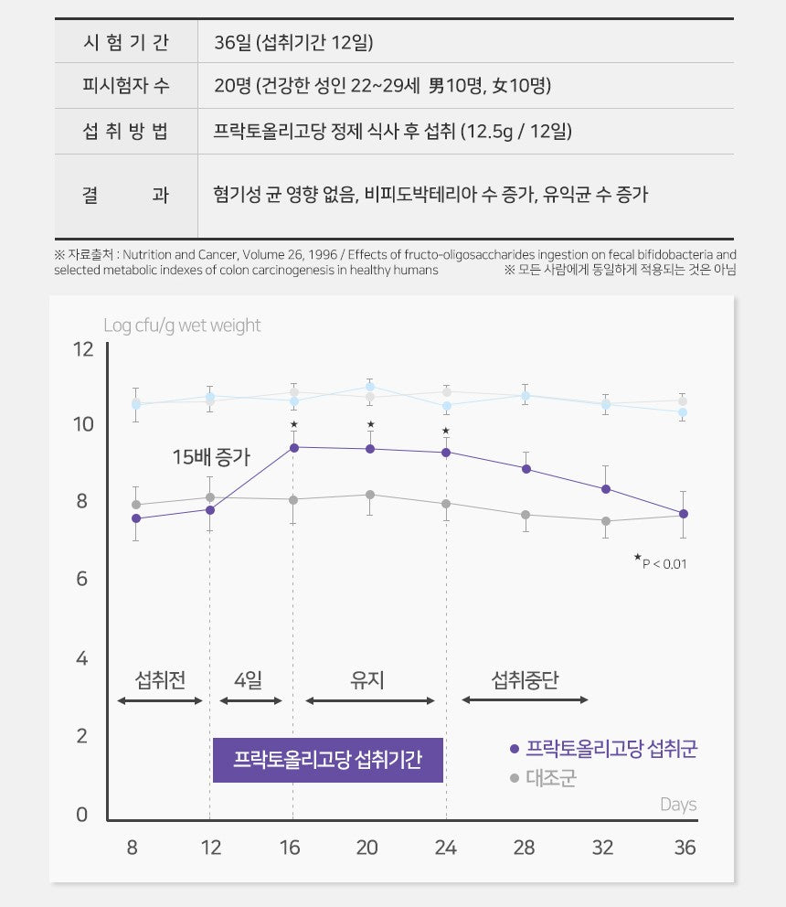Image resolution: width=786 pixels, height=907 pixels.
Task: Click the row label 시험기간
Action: click(125, 42)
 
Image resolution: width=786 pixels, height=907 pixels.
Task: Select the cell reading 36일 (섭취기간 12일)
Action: click(293, 42)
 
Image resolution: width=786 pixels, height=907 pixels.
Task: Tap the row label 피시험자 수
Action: click(125, 87)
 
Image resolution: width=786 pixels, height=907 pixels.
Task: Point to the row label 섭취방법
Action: click(125, 132)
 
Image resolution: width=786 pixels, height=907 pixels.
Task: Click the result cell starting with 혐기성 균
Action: click(430, 195)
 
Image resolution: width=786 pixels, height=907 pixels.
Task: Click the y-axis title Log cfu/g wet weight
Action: click(182, 325)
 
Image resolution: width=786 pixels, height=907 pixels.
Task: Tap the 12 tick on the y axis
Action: click(83, 349)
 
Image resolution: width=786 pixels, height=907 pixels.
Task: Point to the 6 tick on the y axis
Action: click(83, 580)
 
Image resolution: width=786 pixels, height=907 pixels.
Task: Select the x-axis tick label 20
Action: click(367, 848)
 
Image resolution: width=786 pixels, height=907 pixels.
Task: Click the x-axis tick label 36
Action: click(685, 848)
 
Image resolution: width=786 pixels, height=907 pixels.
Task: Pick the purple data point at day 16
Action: click(293, 447)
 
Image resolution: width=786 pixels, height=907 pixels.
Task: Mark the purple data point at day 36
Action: click(684, 514)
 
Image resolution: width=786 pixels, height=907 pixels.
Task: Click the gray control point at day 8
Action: click(136, 505)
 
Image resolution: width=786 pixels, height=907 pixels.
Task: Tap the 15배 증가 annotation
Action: click(211, 455)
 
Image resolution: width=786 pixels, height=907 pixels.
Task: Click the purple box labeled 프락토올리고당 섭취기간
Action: click(328, 760)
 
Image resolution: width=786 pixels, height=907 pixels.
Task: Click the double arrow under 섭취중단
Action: click(525, 700)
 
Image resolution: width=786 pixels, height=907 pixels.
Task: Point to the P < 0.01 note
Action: click(662, 562)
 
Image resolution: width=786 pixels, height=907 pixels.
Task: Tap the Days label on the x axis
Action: click(678, 805)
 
